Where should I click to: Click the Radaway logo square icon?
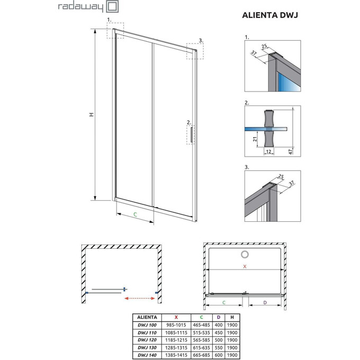tap(112, 7)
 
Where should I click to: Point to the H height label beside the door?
tap(91, 115)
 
